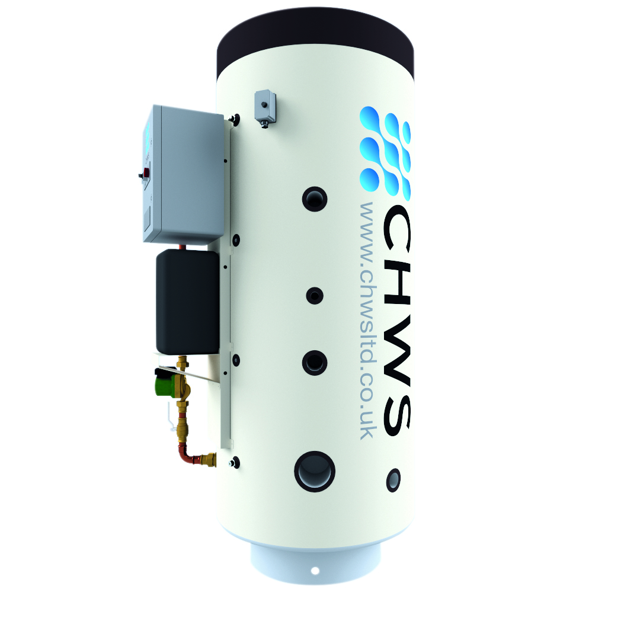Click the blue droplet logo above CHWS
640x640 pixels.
(x=385, y=151)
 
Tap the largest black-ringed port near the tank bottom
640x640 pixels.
(x=315, y=472)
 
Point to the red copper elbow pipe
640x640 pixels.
(x=185, y=453)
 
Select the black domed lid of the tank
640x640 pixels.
(x=314, y=41)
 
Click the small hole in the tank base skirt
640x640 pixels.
(x=315, y=570)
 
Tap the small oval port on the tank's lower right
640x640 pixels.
(x=393, y=479)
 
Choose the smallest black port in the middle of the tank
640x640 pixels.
(x=315, y=295)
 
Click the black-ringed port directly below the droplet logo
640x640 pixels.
(x=314, y=199)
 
